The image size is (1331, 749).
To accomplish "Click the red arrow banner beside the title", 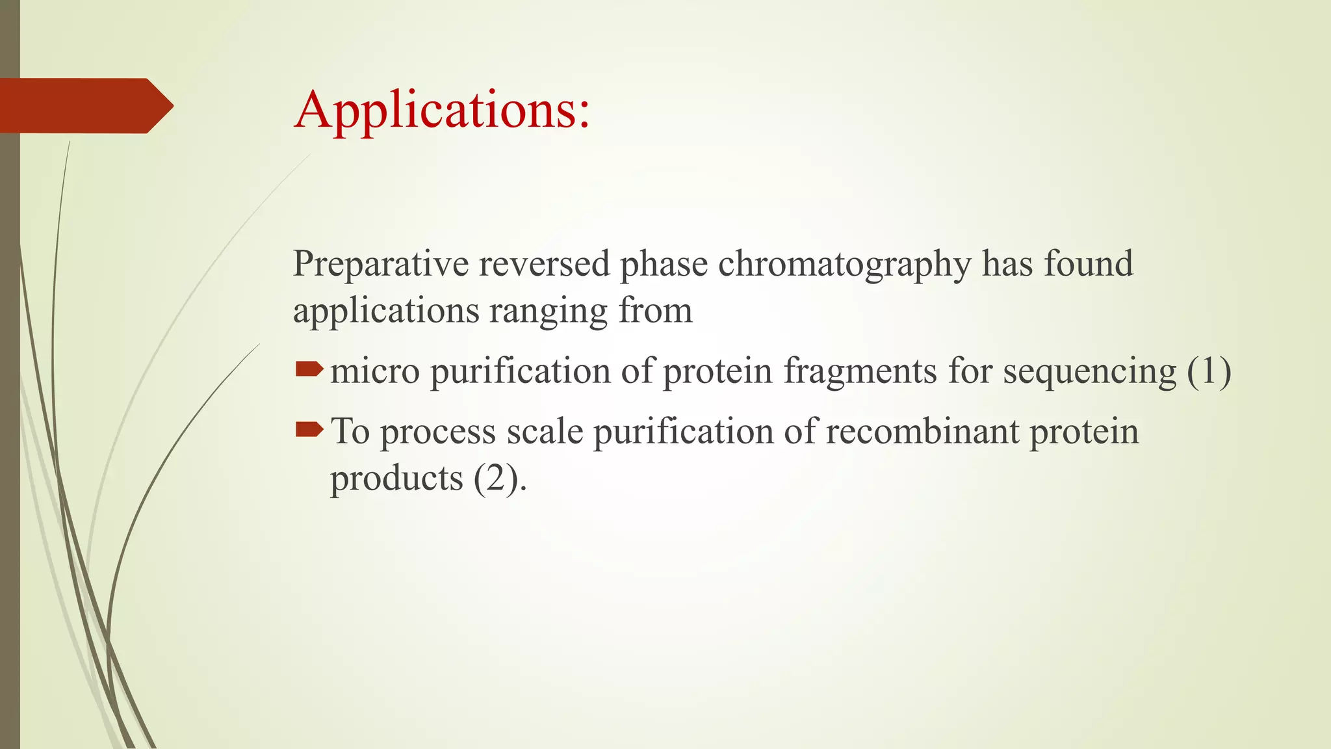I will click(x=84, y=105).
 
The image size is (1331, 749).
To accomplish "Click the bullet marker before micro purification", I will click(x=309, y=371).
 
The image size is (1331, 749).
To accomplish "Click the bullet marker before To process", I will click(x=309, y=430).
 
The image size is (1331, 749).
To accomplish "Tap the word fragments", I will click(x=859, y=372).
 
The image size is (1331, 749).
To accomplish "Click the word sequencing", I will click(x=1089, y=372).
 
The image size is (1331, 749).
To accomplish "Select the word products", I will click(x=396, y=480).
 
